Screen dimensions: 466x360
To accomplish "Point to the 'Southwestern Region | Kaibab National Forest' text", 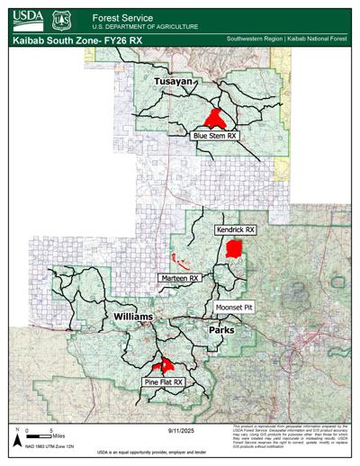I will point(290,40).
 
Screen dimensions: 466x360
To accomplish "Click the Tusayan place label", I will point(174,83).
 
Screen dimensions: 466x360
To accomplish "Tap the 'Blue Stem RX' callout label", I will point(214,136).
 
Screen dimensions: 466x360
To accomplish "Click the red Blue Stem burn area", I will point(214,117).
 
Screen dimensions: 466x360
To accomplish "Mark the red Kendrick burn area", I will point(234,249).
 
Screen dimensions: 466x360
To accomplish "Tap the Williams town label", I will point(133,318).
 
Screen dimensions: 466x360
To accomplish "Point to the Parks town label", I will point(221,330).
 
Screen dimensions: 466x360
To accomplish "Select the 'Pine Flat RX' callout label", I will point(164,382).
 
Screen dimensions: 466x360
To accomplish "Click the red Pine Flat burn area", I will point(164,366).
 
